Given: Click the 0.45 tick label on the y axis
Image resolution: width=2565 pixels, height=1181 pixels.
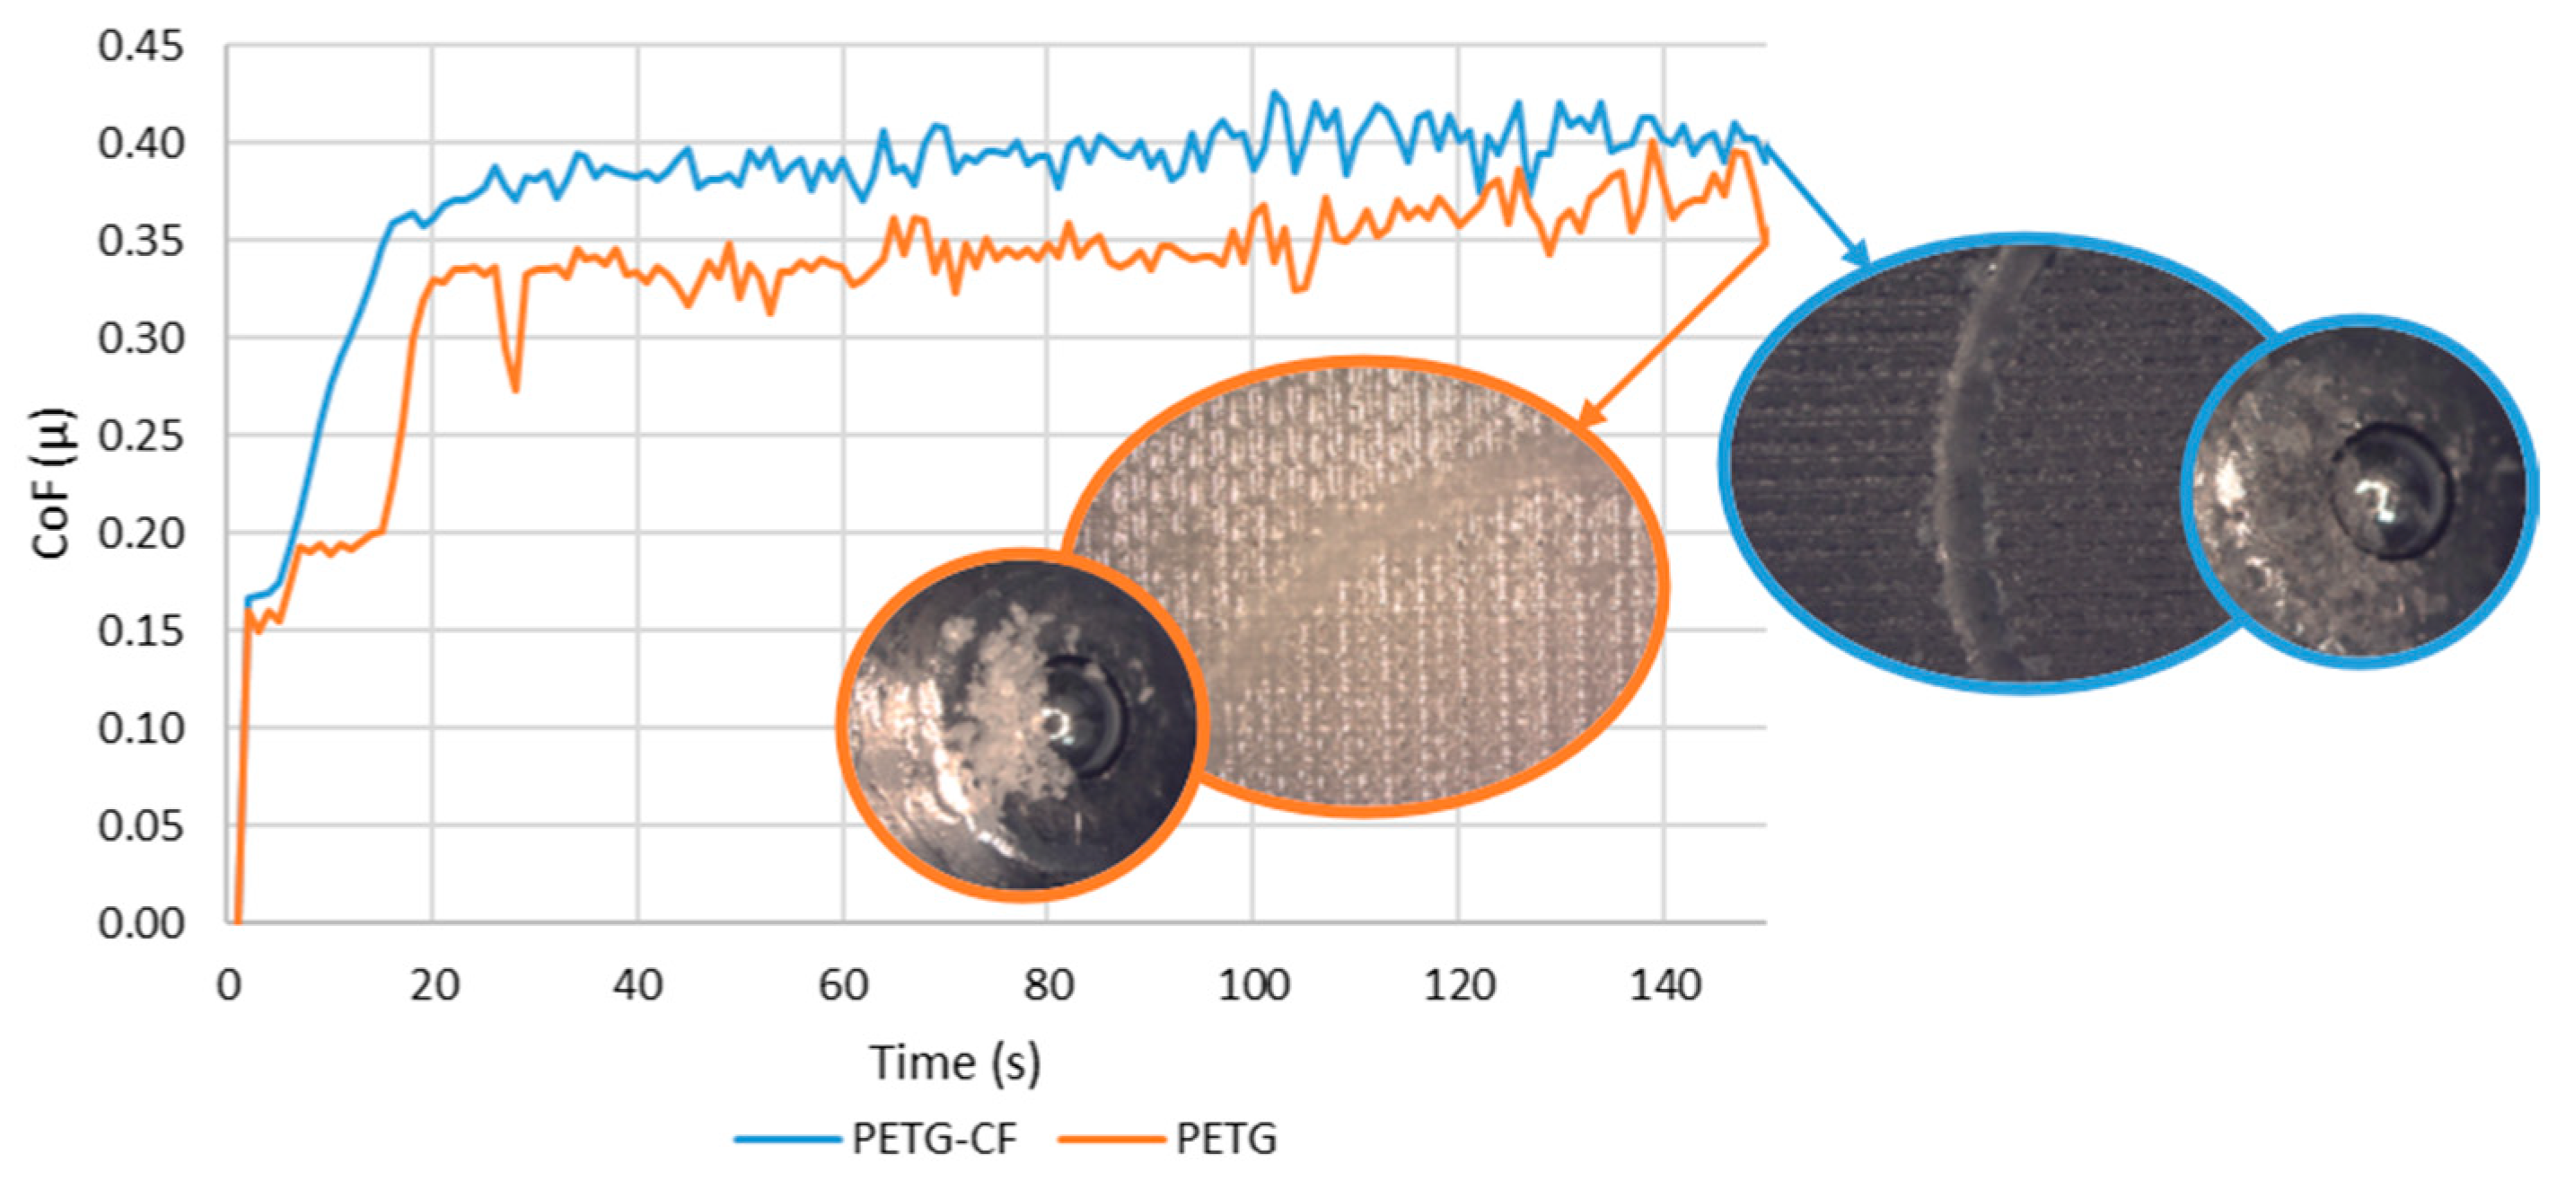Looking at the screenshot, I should pos(140,47).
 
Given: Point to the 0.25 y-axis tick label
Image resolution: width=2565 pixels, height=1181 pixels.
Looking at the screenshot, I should pos(140,436).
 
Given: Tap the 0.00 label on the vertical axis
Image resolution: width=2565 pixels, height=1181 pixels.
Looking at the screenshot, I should pos(140,923).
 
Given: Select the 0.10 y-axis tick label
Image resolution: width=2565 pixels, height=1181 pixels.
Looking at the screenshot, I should pos(140,728).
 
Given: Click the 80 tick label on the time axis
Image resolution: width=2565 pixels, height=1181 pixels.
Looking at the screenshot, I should pos(1048,986).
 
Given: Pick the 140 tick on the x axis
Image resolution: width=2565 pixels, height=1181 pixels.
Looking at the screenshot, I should pos(1664,986).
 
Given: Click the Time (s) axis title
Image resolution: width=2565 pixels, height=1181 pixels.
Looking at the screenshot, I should pos(955,1062).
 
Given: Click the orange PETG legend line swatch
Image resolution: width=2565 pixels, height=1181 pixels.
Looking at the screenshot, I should pos(1111,1138).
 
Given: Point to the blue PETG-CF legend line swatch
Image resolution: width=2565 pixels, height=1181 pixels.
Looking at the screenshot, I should pos(787,1138).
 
